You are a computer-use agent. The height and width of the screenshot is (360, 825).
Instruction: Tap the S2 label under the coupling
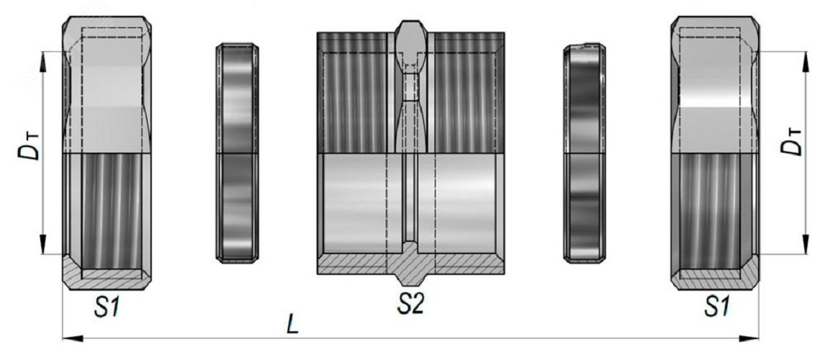[410, 305]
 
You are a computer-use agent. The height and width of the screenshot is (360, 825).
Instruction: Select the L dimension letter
[292, 325]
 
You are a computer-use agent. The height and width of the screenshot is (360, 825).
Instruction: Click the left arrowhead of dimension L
[73, 338]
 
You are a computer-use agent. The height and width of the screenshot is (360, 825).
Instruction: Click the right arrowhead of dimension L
[748, 338]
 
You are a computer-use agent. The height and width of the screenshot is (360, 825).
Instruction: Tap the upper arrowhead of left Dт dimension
[43, 62]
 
